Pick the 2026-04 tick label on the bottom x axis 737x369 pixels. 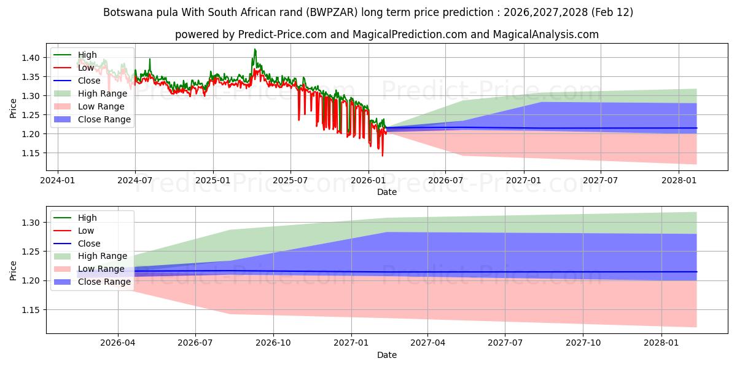pos(118,343)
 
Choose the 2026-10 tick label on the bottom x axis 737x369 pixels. pos(273,343)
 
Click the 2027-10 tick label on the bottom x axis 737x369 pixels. pos(583,343)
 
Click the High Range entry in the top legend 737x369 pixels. pos(102,93)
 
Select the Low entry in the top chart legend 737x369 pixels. pos(86,68)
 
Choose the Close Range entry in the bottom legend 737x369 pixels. pos(104,282)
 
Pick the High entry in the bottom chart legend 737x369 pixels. pos(87,218)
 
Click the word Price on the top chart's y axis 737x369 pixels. pos(13,108)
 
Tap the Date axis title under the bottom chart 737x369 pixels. pos(386,355)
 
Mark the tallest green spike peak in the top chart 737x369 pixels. pos(255,49)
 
